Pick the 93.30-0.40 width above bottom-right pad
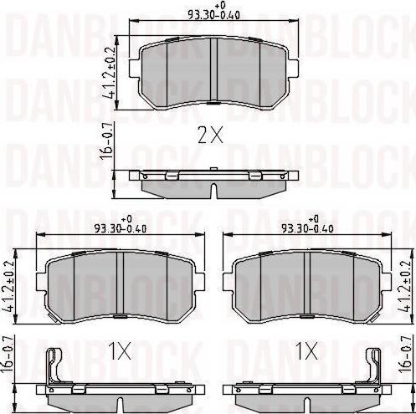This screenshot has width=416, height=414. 306,227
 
